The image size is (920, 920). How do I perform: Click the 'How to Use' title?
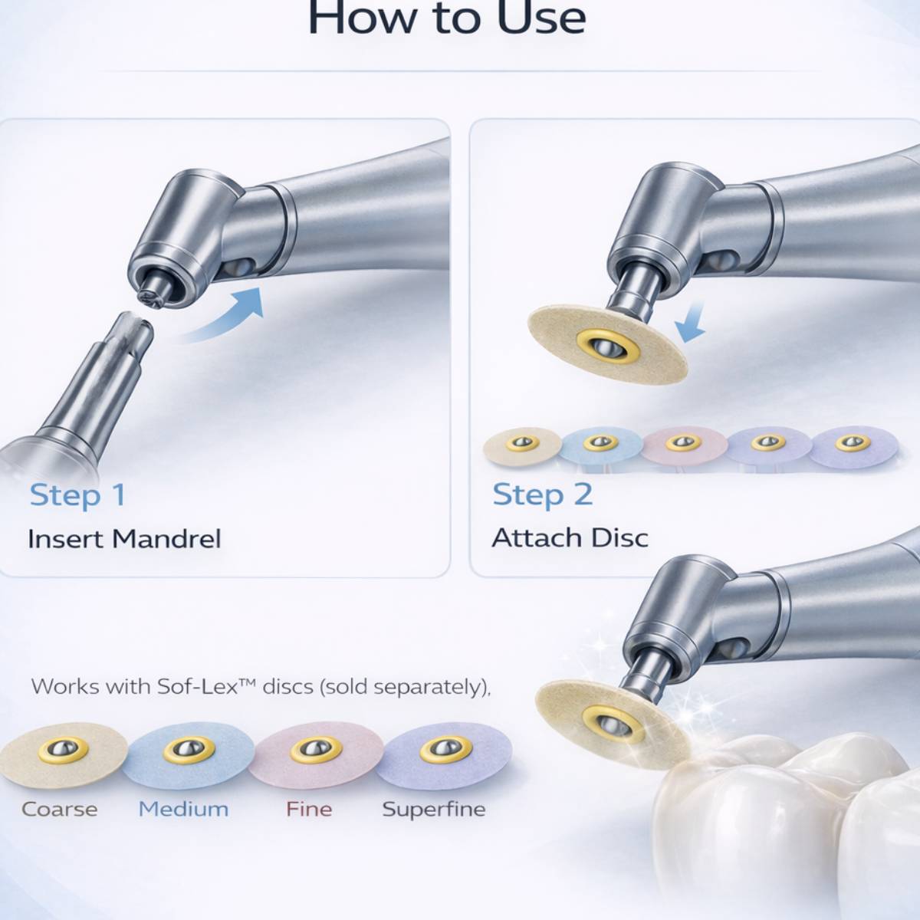pyautogui.click(x=447, y=18)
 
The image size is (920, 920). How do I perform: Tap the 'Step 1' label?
pyautogui.click(x=78, y=495)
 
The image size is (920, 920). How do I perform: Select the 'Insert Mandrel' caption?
pyautogui.click(x=124, y=539)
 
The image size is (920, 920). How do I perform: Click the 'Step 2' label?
pyautogui.click(x=542, y=495)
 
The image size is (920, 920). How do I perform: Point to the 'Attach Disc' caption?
pyautogui.click(x=570, y=538)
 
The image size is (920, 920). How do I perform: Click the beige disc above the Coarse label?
pyautogui.click(x=63, y=754)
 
